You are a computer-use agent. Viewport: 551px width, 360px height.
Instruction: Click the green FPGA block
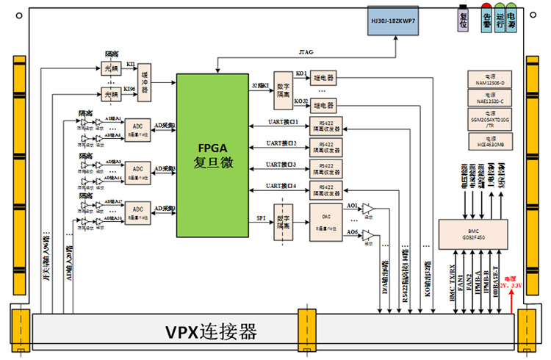tap(212, 155)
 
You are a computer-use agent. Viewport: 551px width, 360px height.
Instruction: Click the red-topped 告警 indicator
tap(486, 20)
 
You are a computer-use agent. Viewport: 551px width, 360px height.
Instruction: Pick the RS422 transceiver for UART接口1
tap(326, 125)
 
